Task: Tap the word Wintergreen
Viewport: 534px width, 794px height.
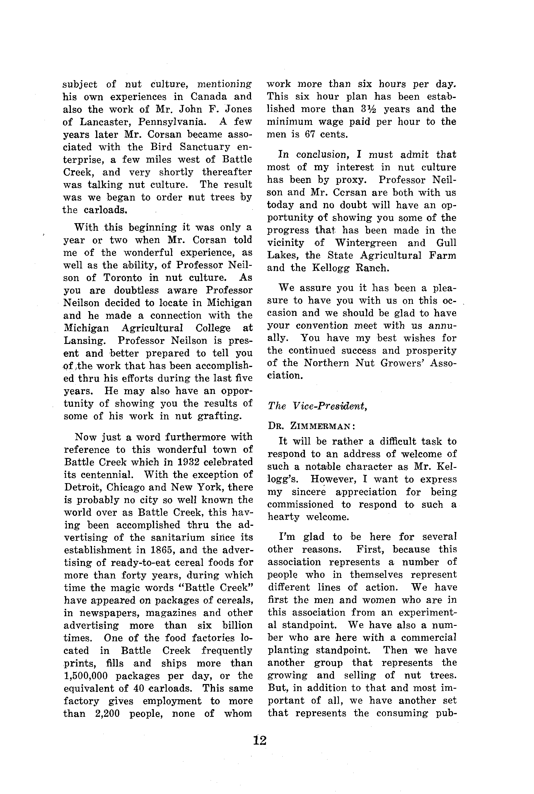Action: (366, 243)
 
